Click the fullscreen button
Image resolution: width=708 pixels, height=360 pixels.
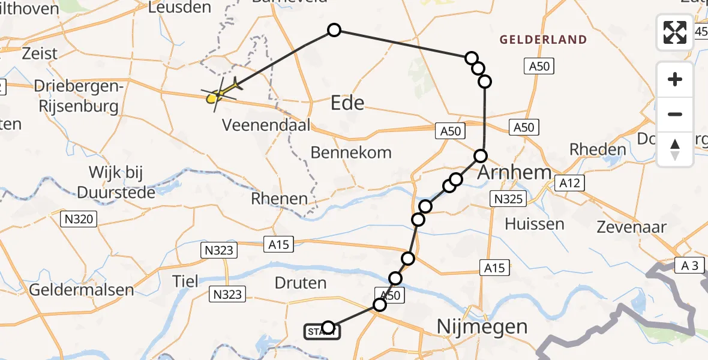[x=675, y=32]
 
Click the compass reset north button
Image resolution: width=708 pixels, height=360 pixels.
[x=675, y=149]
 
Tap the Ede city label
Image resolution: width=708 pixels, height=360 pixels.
[x=347, y=103]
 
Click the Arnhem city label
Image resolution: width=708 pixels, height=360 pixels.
[x=515, y=173]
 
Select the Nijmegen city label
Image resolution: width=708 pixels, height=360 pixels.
[x=482, y=327]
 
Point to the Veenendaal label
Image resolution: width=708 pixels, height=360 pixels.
[x=266, y=126]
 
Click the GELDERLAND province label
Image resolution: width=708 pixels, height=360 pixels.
[x=543, y=40]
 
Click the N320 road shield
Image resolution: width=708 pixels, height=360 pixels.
[x=79, y=220]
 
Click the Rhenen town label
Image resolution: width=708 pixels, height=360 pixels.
[x=280, y=199]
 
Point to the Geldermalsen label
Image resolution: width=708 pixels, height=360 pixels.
[x=82, y=290]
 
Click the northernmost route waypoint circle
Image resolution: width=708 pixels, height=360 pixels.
[x=334, y=30]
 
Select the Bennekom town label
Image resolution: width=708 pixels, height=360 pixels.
[x=351, y=152]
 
